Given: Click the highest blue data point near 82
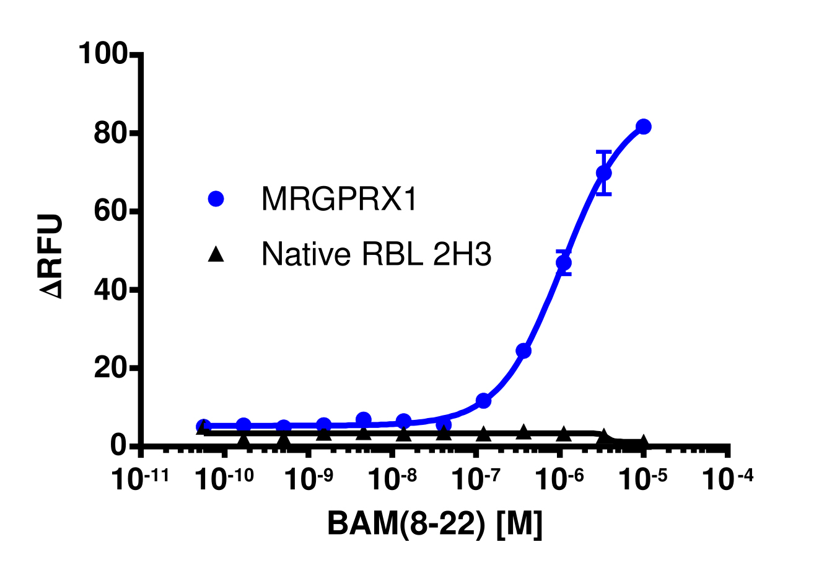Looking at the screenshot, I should tap(643, 127).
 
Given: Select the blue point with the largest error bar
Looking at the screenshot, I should tap(603, 173).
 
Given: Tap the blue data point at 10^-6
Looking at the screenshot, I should tap(564, 262).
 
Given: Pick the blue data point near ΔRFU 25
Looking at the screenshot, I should tap(523, 351).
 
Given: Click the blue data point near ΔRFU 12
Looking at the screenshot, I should tap(483, 401).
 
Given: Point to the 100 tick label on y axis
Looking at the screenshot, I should tap(102, 55).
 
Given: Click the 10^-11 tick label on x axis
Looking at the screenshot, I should tap(136, 480).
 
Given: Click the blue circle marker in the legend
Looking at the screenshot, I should tap(216, 199).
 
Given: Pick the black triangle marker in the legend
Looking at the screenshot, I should tap(216, 254).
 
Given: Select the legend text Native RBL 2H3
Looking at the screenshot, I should tap(376, 254).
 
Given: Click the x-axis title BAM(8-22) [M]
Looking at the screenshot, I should tap(434, 524).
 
